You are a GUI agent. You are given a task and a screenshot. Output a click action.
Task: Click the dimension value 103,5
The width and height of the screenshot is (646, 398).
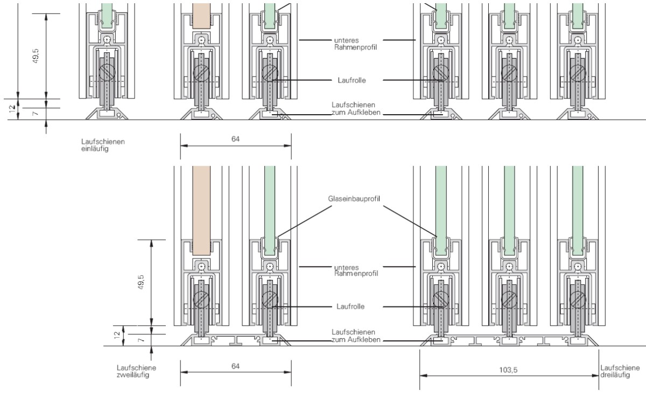[x=508, y=370]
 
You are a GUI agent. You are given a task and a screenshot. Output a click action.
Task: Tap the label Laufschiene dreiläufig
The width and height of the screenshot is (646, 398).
[x=620, y=372]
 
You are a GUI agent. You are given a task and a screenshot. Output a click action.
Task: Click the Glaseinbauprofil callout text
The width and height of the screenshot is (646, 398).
[x=354, y=199]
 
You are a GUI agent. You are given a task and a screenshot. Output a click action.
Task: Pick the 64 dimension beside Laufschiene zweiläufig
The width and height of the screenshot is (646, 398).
[x=235, y=366]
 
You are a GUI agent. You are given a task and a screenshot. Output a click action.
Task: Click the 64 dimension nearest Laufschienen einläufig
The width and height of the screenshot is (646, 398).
[x=235, y=139]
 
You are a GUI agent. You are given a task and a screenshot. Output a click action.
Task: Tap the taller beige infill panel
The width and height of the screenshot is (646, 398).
[x=201, y=210]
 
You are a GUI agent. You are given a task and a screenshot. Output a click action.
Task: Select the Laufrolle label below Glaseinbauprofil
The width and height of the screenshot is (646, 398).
[x=354, y=306]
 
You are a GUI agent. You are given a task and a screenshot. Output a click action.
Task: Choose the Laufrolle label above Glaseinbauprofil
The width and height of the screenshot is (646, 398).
[x=354, y=80]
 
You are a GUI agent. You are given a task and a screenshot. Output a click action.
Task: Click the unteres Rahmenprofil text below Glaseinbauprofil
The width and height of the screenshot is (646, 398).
[x=354, y=270]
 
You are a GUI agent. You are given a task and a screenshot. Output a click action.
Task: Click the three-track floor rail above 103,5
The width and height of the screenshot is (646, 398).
[x=509, y=339]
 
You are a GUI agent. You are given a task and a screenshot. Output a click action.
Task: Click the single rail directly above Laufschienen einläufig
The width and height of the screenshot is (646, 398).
[x=109, y=114]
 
